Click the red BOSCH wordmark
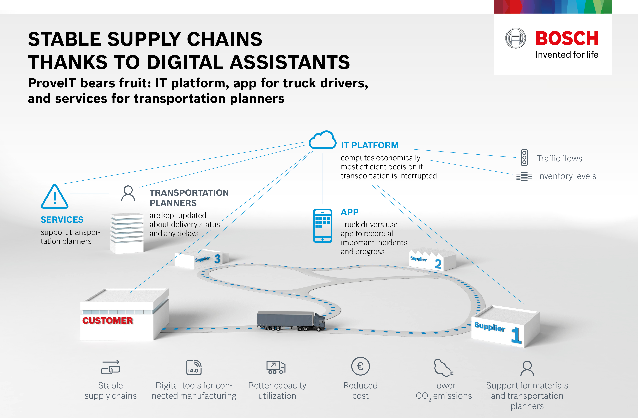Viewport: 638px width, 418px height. coord(567,38)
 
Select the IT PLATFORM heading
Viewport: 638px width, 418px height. coord(370,145)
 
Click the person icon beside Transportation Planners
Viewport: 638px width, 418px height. coord(128,193)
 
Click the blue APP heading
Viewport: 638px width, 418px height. coord(350,212)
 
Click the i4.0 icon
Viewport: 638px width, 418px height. coord(194,367)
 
